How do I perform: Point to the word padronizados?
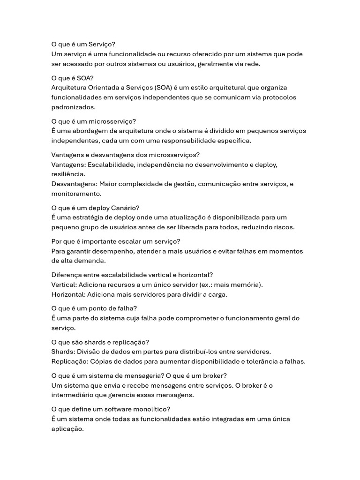pos(73,107)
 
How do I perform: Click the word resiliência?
pos(68,174)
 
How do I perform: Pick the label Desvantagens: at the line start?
pos(74,184)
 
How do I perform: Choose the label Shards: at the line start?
pos(63,352)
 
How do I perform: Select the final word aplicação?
pos(67,428)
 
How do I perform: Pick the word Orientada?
pos(105,88)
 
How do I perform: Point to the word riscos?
pos(284,227)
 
